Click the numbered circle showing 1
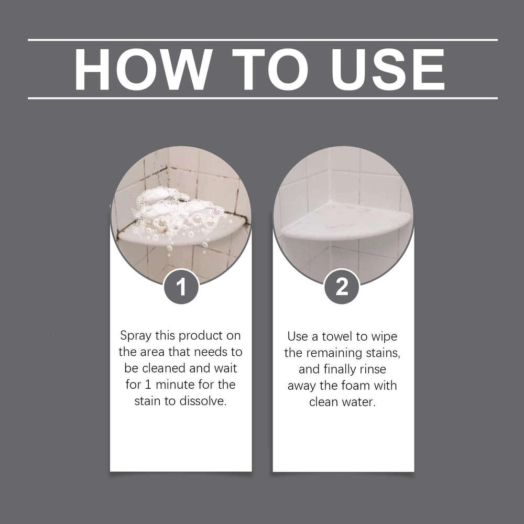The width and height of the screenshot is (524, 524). tap(181, 287)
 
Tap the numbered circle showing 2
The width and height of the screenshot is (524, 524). tap(342, 287)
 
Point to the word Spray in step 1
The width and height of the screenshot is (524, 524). tap(137, 335)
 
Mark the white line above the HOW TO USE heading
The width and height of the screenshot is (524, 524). tap(262, 40)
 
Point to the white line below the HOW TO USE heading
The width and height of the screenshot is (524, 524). tap(262, 98)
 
